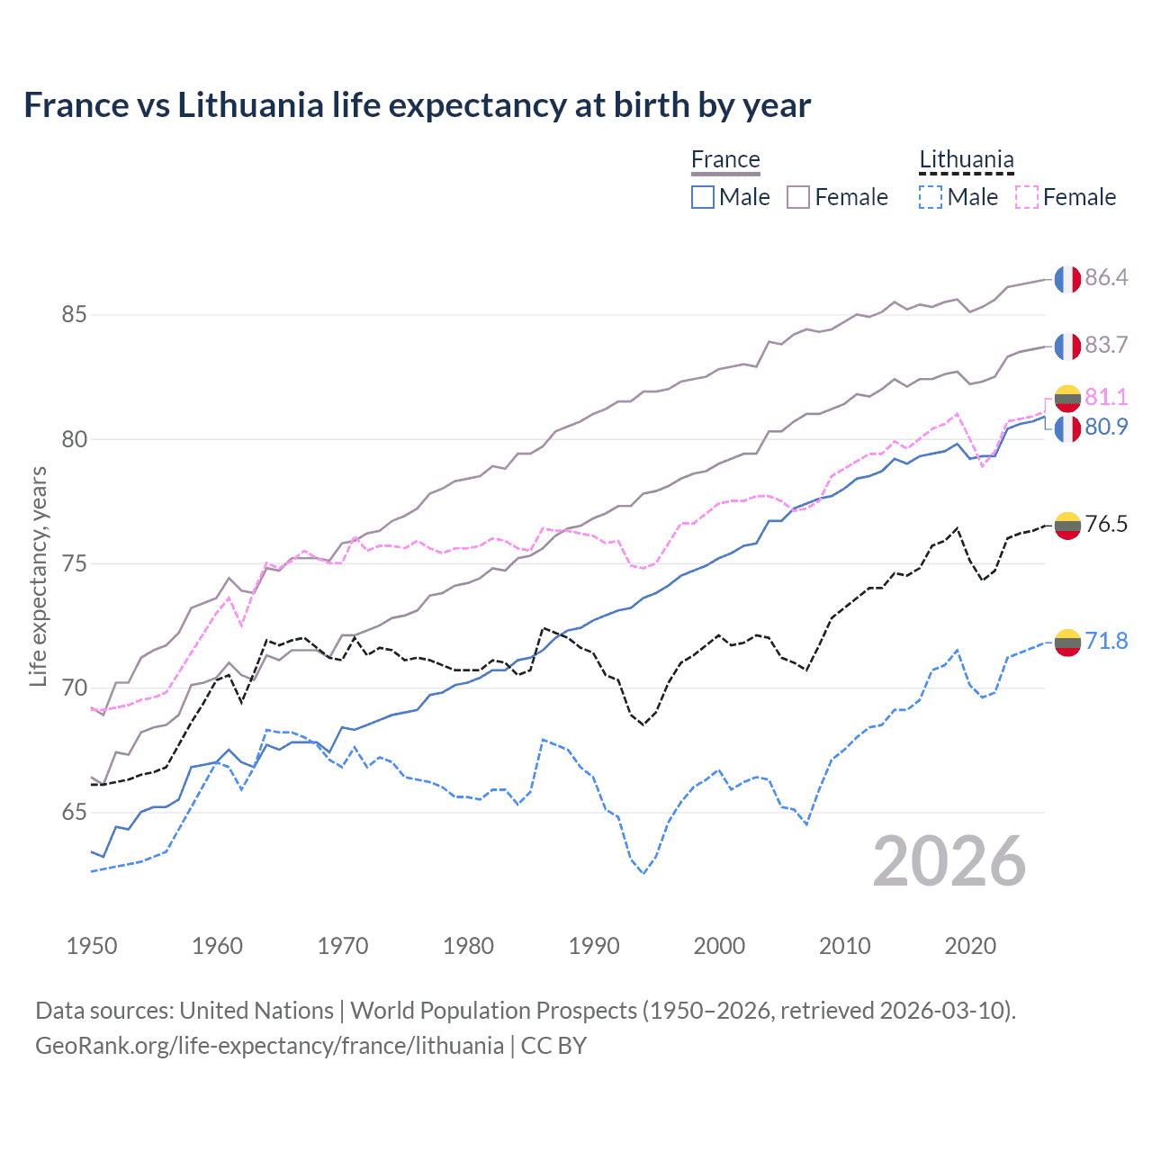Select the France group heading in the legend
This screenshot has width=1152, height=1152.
pos(725,160)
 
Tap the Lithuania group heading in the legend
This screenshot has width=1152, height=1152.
pos(966,160)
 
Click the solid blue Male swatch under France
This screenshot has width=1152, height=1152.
pos(703,197)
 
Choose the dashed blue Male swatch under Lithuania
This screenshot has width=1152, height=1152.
pos(931,197)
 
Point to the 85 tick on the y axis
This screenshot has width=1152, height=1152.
pos(74,315)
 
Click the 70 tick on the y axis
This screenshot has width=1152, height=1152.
pos(74,688)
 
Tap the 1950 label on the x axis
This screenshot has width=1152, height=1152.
pos(92,946)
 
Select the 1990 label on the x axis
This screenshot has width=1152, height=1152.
pos(594,946)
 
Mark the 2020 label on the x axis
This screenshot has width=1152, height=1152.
pos(970,946)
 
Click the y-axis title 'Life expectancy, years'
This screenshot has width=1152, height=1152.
pos(39,576)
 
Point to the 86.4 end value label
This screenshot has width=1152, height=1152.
pos(1106,277)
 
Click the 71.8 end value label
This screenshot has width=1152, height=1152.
pos(1106,641)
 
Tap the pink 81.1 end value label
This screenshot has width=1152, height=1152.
pos(1106,397)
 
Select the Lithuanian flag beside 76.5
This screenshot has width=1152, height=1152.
pos(1067,525)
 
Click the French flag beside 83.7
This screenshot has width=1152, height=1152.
pos(1067,346)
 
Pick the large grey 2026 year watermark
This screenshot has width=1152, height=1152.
pos(949,861)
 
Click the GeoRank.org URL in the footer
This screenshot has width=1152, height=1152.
pos(269,1046)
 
